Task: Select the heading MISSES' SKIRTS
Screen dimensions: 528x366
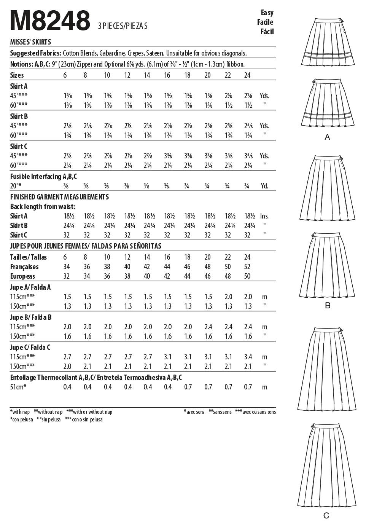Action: click(30, 42)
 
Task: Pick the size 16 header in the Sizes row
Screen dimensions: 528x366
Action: click(167, 75)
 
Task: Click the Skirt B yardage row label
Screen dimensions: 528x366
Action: click(19, 116)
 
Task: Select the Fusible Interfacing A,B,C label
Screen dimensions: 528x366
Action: click(43, 176)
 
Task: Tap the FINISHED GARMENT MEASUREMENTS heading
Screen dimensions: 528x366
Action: click(59, 197)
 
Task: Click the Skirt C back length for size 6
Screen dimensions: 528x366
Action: click(67, 235)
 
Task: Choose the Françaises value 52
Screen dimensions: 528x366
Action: click(247, 267)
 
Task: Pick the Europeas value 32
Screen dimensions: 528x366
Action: click(67, 276)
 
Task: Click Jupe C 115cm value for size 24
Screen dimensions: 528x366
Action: click(248, 357)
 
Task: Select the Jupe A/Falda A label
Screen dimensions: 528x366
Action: click(30, 287)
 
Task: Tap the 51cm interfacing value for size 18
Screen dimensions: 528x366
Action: click(188, 387)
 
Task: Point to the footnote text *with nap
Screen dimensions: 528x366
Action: click(20, 412)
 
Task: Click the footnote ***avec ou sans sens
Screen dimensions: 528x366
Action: click(255, 412)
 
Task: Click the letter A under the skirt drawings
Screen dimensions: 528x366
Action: click(327, 137)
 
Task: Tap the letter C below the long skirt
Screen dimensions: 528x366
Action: click(326, 516)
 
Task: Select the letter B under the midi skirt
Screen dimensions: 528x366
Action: click(327, 306)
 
